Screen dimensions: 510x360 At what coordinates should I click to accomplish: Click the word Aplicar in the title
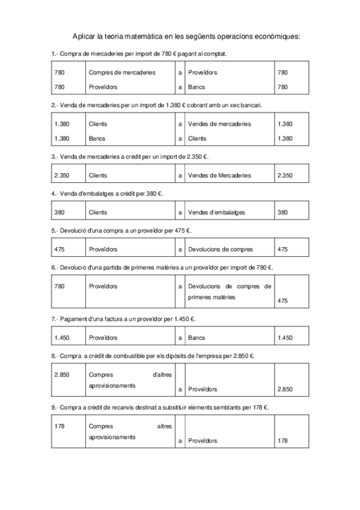tap(84, 37)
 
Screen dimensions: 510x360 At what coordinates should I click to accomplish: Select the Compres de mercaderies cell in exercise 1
tap(121, 72)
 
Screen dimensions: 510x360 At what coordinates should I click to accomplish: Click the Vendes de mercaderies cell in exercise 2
tap(219, 124)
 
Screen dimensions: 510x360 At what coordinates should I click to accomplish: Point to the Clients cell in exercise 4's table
tap(98, 212)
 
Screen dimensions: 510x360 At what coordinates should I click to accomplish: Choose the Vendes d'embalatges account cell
tap(216, 212)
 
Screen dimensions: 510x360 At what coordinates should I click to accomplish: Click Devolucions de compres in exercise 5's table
tap(221, 249)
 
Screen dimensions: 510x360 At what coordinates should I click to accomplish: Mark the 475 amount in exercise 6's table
tap(283, 301)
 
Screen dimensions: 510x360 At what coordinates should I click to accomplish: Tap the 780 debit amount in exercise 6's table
tap(59, 286)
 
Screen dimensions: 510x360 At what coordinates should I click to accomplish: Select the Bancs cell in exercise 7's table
tap(197, 338)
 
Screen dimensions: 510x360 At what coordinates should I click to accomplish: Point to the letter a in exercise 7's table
tap(180, 338)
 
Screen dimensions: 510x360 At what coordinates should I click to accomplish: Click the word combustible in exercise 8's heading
tap(126, 355)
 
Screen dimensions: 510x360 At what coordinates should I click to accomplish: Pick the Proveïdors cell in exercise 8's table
tap(203, 389)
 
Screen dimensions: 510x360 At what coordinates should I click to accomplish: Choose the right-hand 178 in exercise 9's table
tap(283, 441)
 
